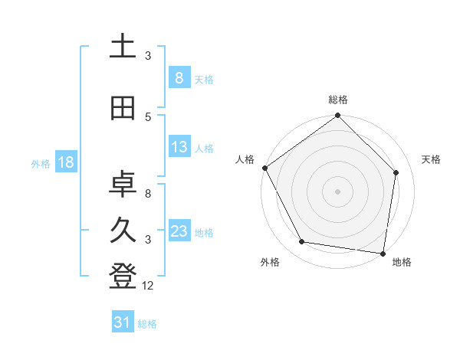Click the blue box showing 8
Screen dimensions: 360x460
tap(179, 78)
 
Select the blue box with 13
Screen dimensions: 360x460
tap(179, 147)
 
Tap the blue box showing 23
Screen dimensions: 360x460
tap(179, 231)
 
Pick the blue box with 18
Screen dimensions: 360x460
tap(65, 162)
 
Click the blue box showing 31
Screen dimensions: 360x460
tap(123, 322)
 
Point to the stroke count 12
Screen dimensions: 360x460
tap(148, 286)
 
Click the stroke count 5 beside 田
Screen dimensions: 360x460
tap(148, 116)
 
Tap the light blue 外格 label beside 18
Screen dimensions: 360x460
tap(41, 163)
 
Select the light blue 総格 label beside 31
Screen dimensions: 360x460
tap(147, 324)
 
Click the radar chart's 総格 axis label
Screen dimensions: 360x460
tap(338, 100)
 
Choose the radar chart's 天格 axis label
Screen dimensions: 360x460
tap(432, 159)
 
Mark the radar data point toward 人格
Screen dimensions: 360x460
tap(265, 168)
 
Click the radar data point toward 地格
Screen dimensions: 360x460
tap(383, 253)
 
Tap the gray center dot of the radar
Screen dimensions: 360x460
tap(338, 191)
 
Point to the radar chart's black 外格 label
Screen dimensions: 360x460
tap(270, 262)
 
